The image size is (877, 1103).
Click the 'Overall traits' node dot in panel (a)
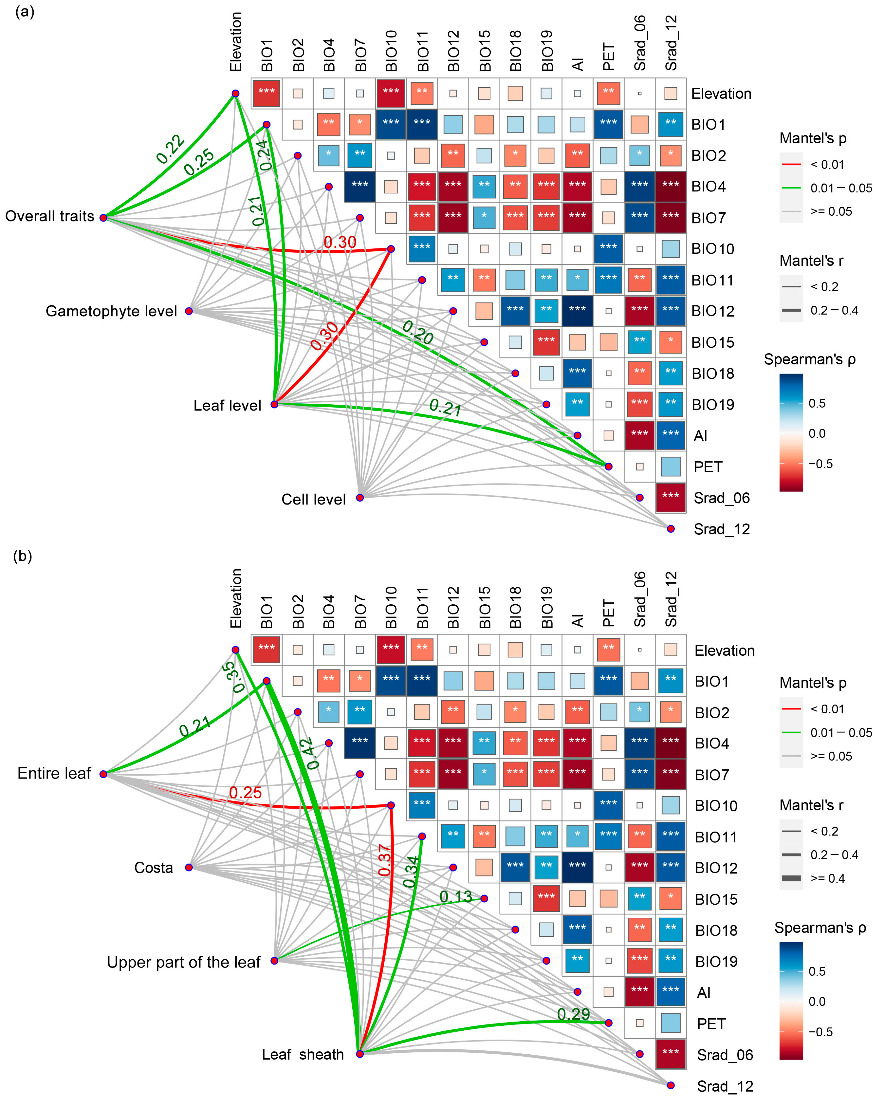click(103, 218)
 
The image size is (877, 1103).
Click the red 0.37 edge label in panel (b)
click(385, 860)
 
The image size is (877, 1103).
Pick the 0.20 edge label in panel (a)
click(418, 332)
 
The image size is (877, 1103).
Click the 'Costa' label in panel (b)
click(154, 868)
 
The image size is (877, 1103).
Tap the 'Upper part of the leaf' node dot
click(274, 961)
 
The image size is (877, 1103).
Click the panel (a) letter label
click(25, 11)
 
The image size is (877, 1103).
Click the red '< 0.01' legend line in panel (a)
click(791, 165)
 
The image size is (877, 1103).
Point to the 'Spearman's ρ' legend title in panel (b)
click(820, 928)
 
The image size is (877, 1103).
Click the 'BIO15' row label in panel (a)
click(713, 342)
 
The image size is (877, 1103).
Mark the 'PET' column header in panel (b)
click(608, 613)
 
